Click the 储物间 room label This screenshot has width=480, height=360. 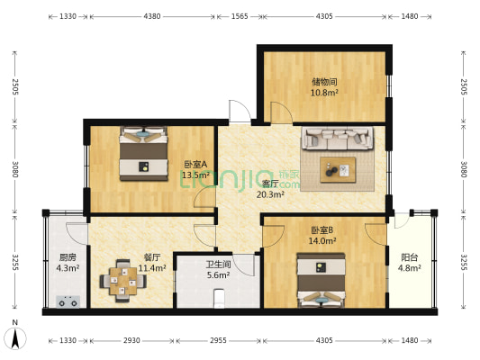tap(324, 82)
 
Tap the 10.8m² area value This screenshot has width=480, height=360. tap(324, 93)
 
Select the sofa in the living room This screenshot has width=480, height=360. tap(338, 139)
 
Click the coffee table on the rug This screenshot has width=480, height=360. tap(338, 170)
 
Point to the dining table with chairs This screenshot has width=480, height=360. tap(123, 281)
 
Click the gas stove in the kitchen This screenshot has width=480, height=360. tap(68, 301)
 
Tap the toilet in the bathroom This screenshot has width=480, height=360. tap(219, 298)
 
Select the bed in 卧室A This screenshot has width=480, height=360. tap(143, 153)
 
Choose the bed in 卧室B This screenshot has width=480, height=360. tap(322, 280)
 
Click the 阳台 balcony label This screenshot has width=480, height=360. tap(409, 257)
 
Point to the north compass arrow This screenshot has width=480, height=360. tap(15, 338)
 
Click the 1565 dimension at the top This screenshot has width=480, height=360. tap(240, 16)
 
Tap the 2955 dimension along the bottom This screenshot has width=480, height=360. tap(218, 340)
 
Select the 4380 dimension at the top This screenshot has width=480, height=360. tap(152, 16)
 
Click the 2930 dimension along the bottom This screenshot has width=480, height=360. tap(131, 340)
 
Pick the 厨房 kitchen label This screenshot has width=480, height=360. tap(68, 257)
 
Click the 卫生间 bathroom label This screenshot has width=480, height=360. tap(218, 265)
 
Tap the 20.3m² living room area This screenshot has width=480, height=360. tap(270, 194)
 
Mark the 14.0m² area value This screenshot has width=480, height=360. tap(322, 240)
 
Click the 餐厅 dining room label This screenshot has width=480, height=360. tap(152, 257)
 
